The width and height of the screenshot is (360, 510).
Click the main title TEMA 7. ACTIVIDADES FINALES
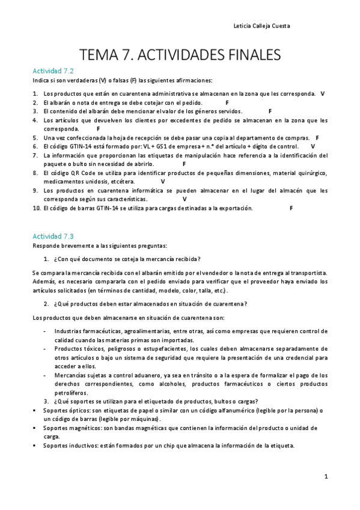[180, 55]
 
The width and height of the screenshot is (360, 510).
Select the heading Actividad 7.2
[53, 70]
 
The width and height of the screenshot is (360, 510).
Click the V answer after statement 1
[323, 94]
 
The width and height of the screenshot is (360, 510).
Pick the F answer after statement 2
[227, 103]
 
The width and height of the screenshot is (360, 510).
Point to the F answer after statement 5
[317, 138]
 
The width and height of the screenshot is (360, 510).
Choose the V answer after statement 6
[313, 146]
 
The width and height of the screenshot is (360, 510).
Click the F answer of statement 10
[291, 208]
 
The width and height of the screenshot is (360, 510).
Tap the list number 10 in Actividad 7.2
[36, 208]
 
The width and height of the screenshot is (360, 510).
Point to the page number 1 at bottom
[325, 477]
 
